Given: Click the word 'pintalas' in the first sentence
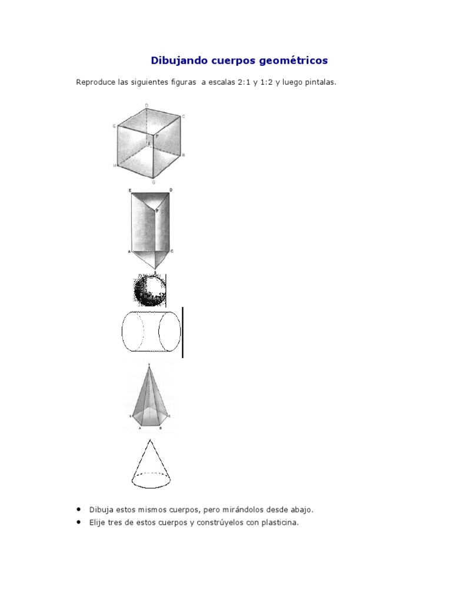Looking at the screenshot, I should pos(319,82).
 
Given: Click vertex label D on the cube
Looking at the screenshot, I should pos(146,105).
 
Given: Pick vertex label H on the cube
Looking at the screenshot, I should pos(115,166).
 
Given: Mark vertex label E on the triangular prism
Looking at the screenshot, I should pos(129,190).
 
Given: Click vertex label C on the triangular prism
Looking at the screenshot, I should pos(171,251).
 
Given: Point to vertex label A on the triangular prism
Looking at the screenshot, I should pos(128,251).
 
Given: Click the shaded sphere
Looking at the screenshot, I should pos(149,290).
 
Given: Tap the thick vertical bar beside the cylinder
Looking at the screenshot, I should pos(182,332).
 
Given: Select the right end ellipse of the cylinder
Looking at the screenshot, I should pos(171,332).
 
